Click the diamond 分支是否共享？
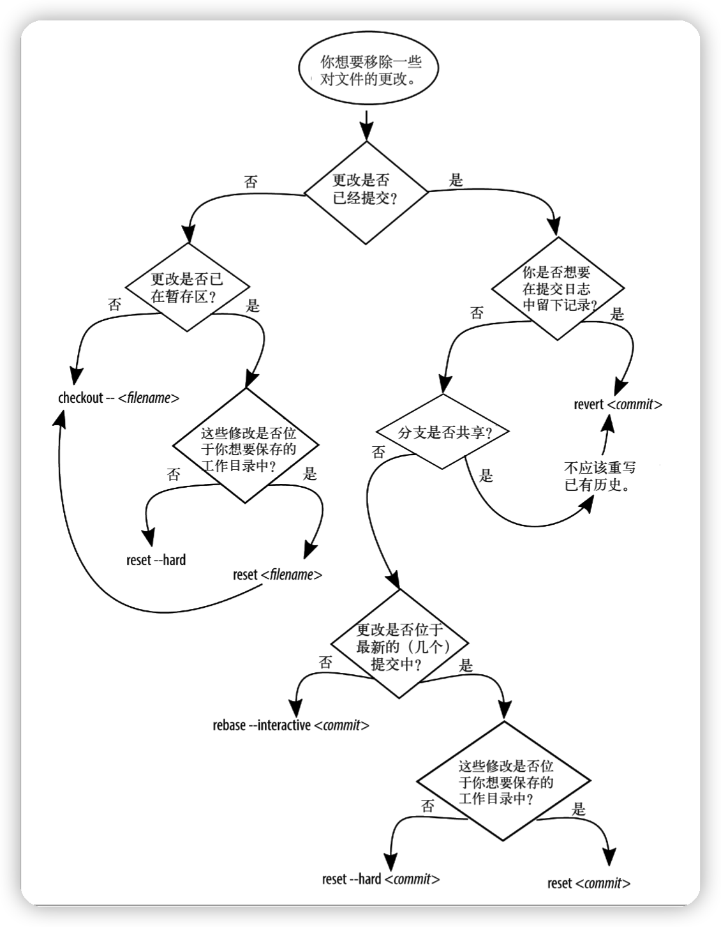coord(444,433)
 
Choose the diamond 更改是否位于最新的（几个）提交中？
coord(399,647)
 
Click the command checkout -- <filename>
coord(119,398)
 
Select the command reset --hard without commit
coord(156,561)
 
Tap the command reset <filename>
coord(278,575)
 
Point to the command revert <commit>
coord(618,404)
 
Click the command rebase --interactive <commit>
coord(291,725)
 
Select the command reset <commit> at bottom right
coord(589,883)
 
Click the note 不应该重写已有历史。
coord(600,476)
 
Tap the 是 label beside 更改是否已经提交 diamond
coord(456,180)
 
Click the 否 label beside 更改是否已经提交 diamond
coord(251,182)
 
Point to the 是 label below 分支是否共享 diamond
coord(486,476)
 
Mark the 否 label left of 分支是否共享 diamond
coord(378,452)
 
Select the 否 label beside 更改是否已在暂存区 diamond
coord(115,305)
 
